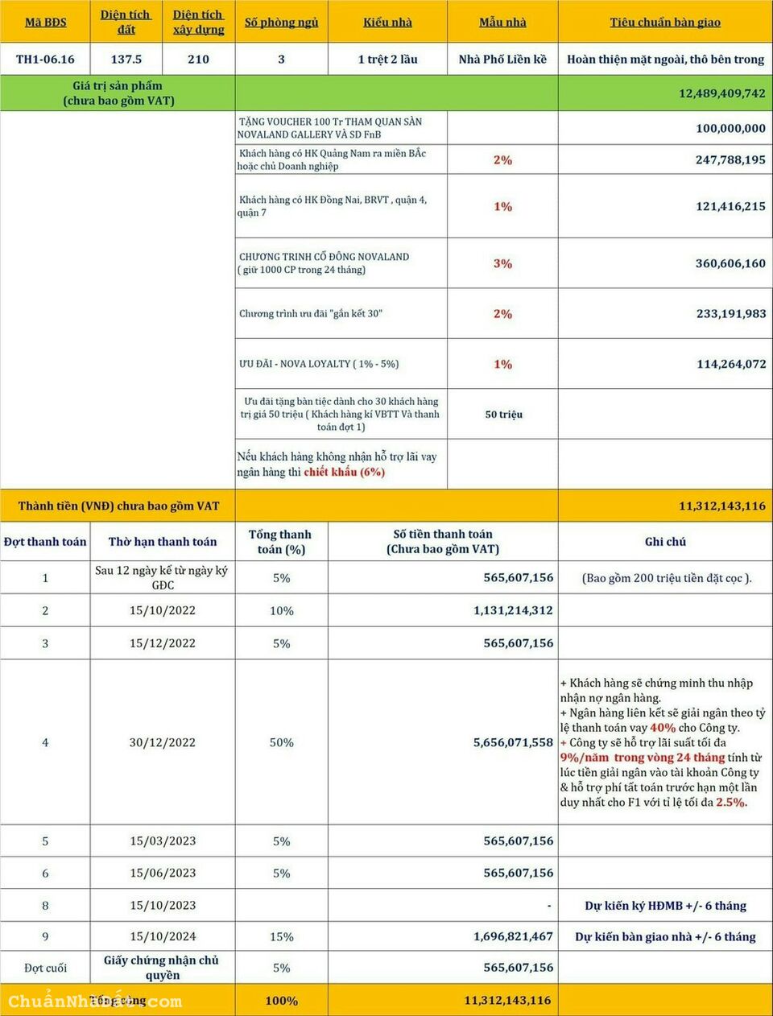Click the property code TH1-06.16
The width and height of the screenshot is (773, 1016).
[45, 60]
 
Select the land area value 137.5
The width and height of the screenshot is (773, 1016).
[126, 60]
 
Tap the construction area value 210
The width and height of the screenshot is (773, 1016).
[198, 60]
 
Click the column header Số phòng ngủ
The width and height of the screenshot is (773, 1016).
[281, 23]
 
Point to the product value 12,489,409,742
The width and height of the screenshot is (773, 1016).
[721, 93]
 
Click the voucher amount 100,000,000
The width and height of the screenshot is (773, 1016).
[730, 128]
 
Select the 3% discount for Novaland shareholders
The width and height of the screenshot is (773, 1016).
[502, 263]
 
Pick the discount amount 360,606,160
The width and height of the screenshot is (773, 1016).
[730, 263]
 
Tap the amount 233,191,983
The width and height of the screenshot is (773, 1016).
[730, 314]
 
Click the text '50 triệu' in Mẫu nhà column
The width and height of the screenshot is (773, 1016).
[503, 415]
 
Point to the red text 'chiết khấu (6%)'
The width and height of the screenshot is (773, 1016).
[344, 473]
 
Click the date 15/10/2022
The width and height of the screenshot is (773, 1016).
[163, 610]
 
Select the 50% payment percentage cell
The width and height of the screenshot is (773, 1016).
[281, 742]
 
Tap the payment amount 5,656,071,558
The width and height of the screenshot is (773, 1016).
[513, 742]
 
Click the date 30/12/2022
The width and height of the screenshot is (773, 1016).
[163, 742]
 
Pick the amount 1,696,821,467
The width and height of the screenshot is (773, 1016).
[513, 936]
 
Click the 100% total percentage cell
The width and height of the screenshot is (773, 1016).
[281, 1001]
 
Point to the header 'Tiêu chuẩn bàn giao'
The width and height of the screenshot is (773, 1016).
[665, 23]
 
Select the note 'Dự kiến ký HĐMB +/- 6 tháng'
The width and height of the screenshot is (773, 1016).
[665, 906]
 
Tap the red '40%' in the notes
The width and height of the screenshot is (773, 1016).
[663, 728]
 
